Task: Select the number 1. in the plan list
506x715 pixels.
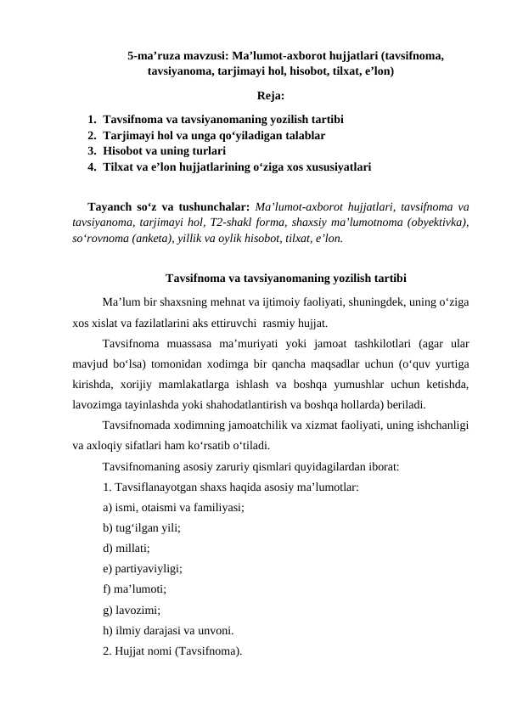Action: pos(92,120)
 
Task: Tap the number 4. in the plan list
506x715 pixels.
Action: pos(92,168)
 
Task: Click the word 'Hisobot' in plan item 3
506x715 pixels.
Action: pos(126,152)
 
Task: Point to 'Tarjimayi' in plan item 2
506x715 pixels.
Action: pos(132,136)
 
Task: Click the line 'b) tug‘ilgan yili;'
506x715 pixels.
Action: pos(141,527)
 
